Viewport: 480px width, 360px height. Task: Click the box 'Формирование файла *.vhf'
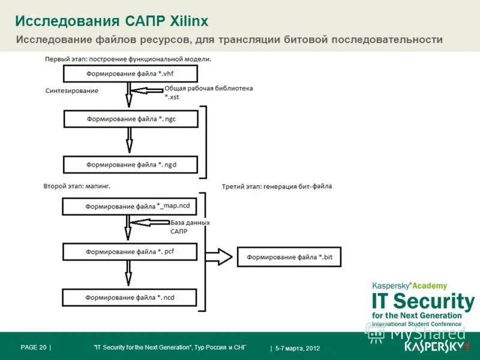coord(130,74)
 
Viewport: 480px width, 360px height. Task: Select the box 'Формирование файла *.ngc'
coord(130,119)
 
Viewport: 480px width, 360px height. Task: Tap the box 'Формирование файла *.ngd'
coord(130,164)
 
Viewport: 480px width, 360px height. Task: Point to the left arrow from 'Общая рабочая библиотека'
coord(147,91)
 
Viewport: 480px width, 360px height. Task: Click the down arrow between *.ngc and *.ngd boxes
coord(129,142)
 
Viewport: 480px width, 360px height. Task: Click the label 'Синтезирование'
coord(72,91)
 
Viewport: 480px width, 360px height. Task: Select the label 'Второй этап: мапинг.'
coord(77,186)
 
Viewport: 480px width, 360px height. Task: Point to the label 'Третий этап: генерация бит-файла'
coord(277,186)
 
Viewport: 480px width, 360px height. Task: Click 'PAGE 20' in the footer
coord(34,347)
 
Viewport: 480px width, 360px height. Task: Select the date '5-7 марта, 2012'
coord(298,348)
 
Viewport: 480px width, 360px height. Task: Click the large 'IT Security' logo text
coord(423,301)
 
